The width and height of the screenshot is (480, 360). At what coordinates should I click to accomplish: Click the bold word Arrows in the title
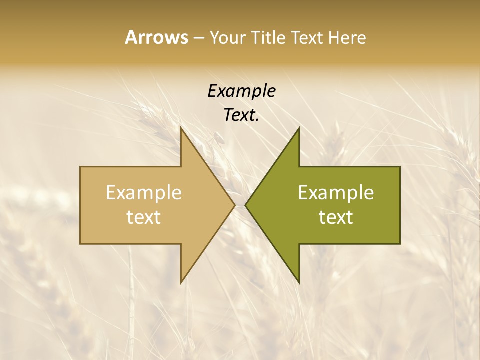(156, 37)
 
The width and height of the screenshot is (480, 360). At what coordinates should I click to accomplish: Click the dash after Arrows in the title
(198, 38)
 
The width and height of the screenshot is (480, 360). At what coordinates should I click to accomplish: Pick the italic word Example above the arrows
(241, 91)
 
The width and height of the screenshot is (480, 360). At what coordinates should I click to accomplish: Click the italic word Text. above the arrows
(241, 115)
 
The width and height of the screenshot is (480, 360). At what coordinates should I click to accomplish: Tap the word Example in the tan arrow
(143, 193)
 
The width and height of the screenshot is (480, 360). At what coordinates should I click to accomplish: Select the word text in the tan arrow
(143, 217)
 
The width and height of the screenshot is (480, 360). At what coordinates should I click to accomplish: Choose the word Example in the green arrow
(336, 193)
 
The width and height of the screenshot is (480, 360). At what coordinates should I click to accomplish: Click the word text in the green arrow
(336, 217)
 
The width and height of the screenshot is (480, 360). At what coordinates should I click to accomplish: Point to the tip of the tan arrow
(235, 205)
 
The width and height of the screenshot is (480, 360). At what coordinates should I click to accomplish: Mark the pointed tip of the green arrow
(245, 205)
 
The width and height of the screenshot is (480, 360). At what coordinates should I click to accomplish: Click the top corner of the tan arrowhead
(181, 128)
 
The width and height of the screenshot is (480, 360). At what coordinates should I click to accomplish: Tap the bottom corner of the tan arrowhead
(181, 283)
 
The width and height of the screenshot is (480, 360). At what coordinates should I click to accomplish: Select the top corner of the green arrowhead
(299, 128)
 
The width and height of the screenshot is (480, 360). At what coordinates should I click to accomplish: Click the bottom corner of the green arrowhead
(299, 283)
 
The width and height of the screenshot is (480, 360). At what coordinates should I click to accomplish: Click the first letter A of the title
(131, 37)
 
